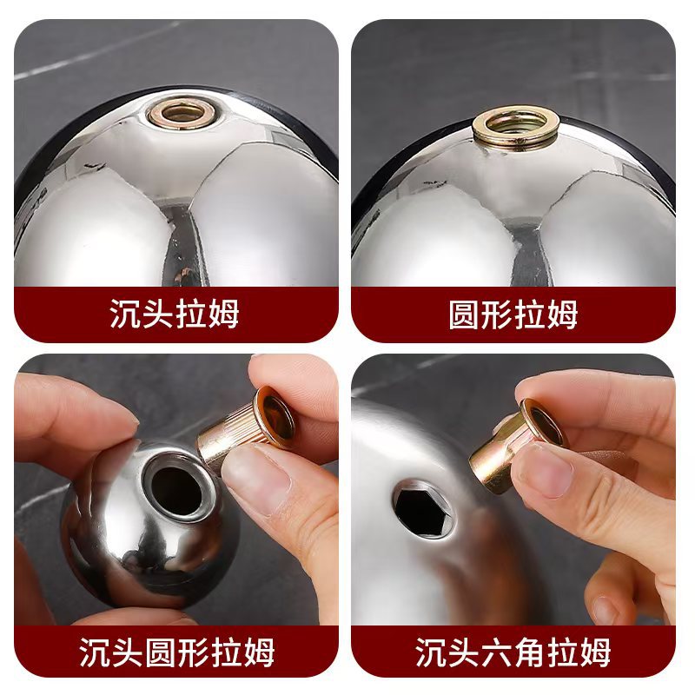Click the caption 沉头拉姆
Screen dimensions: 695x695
175,314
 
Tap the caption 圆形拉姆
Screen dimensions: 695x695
513,314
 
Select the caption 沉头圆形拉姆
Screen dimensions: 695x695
176,652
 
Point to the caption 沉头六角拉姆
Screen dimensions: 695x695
513,652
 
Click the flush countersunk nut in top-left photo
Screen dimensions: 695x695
183,113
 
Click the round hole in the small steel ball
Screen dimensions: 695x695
177,486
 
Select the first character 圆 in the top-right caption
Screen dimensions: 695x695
464,314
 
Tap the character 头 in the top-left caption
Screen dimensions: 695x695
157,314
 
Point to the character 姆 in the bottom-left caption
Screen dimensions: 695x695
259,652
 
